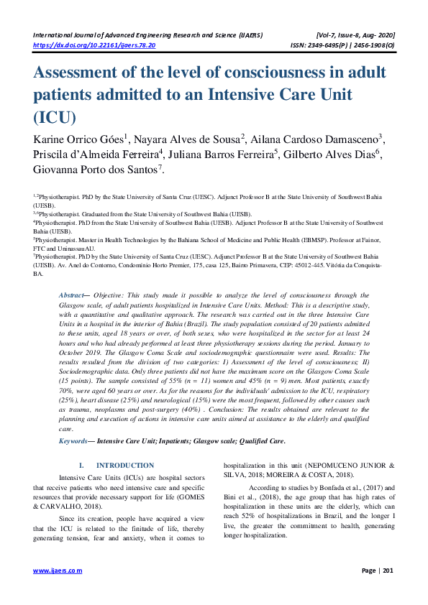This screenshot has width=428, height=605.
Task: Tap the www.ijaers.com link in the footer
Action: tap(58, 571)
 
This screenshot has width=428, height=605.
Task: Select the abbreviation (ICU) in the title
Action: tap(53, 117)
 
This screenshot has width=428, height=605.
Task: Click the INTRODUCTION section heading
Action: tap(125, 466)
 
